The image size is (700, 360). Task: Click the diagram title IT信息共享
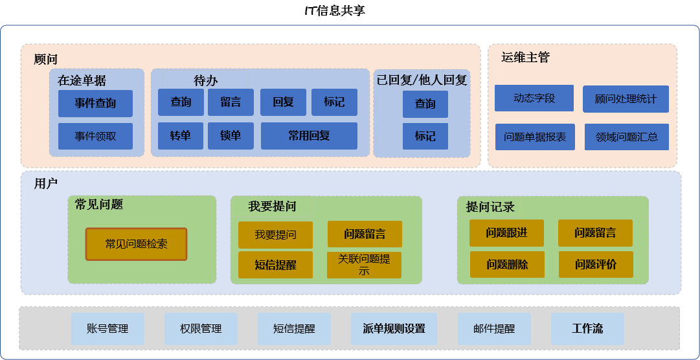tap(335, 11)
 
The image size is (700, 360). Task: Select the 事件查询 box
tap(96, 104)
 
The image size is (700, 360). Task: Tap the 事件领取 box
tap(96, 136)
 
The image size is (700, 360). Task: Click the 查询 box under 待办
tap(181, 102)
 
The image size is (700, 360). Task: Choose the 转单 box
tap(181, 136)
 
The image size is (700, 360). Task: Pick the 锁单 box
tap(231, 136)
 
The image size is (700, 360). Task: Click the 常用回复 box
tap(309, 136)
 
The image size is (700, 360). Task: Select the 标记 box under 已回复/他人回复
tap(425, 136)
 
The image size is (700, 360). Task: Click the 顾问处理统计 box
tap(626, 99)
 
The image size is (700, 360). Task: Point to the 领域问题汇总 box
tap(627, 137)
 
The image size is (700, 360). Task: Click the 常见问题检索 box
tap(136, 244)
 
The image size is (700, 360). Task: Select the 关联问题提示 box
tap(365, 265)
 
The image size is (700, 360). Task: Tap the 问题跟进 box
tap(506, 232)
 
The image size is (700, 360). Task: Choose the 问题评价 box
tap(596, 264)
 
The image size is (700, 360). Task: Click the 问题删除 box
tap(507, 264)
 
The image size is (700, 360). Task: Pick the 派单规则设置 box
tap(394, 329)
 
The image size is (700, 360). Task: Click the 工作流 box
tap(587, 329)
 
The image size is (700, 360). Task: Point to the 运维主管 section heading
tap(525, 58)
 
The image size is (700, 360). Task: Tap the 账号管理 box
tap(107, 329)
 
